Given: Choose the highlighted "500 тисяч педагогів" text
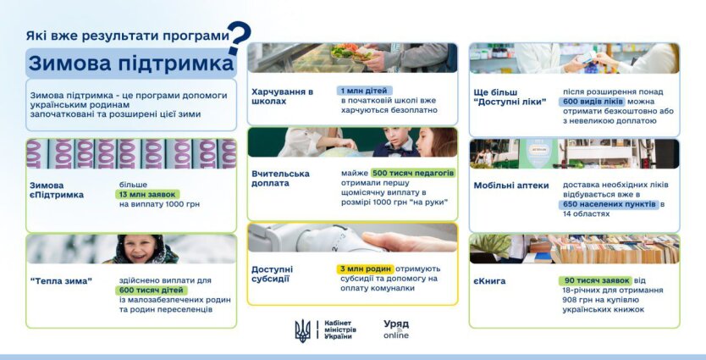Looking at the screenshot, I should pyautogui.click(x=413, y=173).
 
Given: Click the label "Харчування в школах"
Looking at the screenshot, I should pyautogui.click(x=283, y=96).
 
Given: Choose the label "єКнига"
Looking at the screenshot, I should pyautogui.click(x=490, y=281).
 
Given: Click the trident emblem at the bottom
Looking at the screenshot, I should pyautogui.click(x=302, y=330).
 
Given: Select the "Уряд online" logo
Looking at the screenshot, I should pyautogui.click(x=396, y=330).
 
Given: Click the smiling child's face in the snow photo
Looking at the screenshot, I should pyautogui.click(x=144, y=251).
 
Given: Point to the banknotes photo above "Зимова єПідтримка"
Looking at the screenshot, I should pyautogui.click(x=131, y=153).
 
